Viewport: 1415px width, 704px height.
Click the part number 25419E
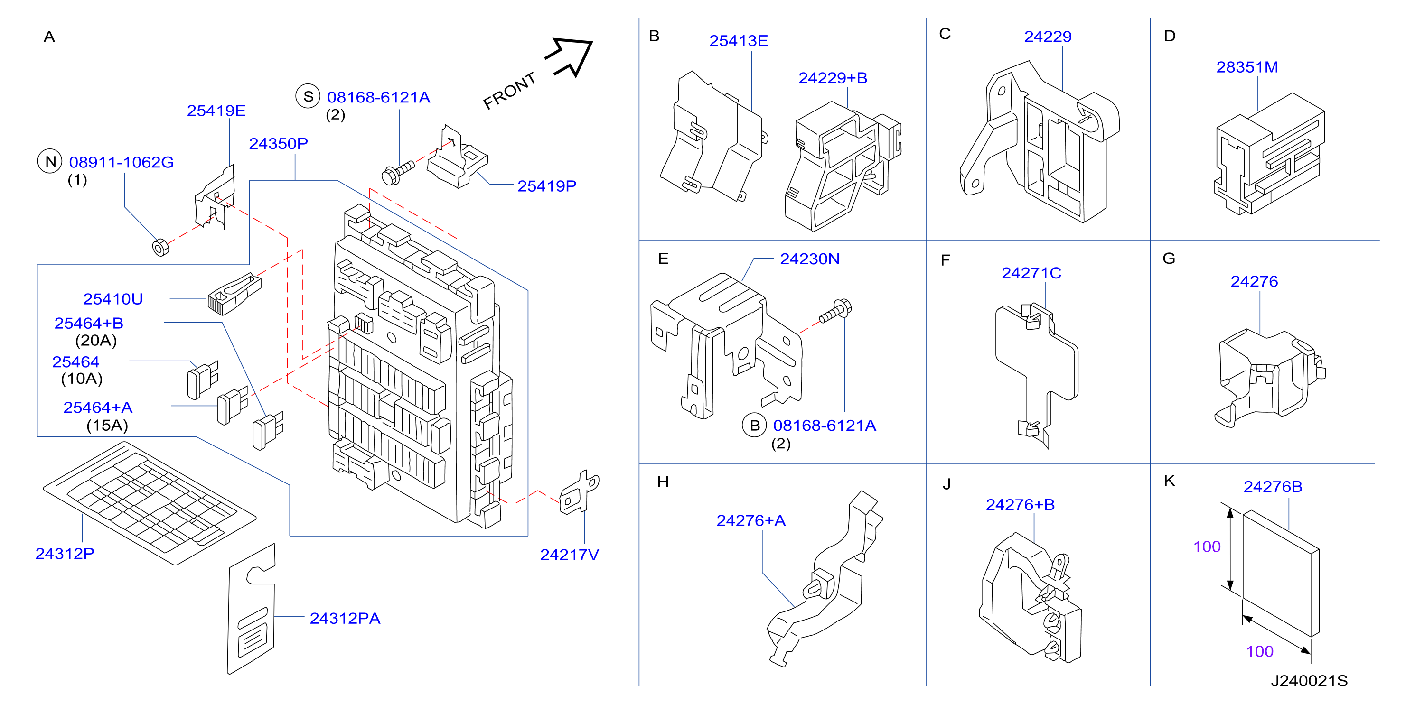click(216, 111)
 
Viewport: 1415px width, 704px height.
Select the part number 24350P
click(279, 143)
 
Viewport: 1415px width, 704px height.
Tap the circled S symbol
click(308, 96)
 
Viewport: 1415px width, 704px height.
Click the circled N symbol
click(50, 161)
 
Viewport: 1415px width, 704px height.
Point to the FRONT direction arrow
click(569, 57)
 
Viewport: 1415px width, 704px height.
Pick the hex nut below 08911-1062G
click(160, 247)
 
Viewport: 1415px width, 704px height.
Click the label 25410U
click(112, 299)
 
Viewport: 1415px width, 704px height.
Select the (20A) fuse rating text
click(96, 341)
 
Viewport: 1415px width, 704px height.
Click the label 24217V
click(569, 555)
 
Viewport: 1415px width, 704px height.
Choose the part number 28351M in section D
click(1247, 67)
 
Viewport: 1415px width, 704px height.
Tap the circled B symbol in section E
click(755, 425)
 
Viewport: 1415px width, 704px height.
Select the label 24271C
click(1031, 273)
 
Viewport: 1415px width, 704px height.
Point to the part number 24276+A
click(751, 520)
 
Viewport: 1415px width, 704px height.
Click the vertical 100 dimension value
click(1207, 547)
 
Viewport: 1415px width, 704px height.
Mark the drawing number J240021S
click(1309, 681)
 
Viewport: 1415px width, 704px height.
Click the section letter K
click(1170, 481)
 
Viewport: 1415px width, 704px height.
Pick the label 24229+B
click(833, 78)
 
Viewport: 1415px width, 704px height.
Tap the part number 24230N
click(810, 259)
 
